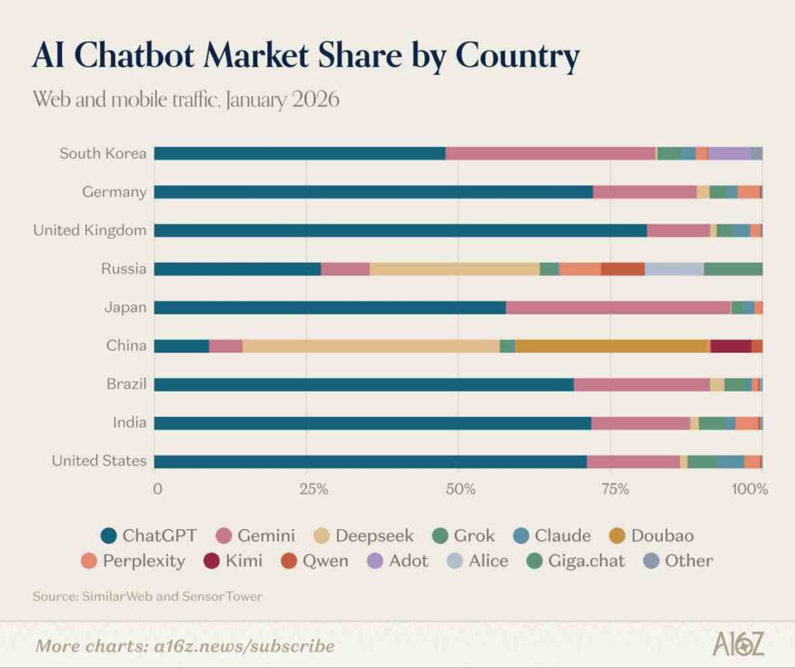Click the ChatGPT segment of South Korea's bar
click(x=299, y=153)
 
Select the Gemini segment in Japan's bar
click(x=618, y=308)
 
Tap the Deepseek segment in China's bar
click(x=371, y=346)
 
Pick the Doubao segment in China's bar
click(x=611, y=346)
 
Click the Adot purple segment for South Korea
click(x=729, y=153)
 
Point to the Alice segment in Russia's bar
click(x=674, y=269)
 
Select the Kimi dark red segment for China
click(x=731, y=346)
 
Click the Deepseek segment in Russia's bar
click(x=454, y=269)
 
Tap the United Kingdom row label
click(x=89, y=230)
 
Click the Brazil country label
click(x=127, y=384)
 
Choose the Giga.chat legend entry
click(x=574, y=561)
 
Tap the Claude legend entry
click(x=552, y=536)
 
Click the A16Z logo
click(x=738, y=644)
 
